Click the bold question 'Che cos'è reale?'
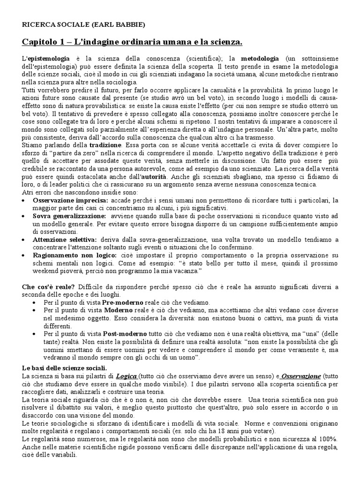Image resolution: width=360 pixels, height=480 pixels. coord(45,286)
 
